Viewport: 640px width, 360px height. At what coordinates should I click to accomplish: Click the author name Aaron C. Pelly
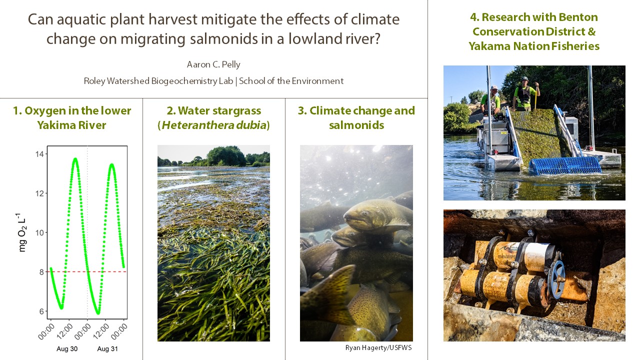213,64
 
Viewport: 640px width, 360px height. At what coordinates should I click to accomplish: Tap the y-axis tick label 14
39,154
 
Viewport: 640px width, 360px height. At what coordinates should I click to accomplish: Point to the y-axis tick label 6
41,311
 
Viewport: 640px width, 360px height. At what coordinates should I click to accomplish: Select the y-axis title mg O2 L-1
21,232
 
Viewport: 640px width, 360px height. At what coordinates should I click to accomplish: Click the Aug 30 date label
67,349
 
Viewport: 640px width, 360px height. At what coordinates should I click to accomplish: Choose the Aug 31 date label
107,349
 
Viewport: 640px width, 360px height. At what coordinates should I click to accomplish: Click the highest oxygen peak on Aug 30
75,158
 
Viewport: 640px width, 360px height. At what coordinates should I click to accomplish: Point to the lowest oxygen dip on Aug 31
98,313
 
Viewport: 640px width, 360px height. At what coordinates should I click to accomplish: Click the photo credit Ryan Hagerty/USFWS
378,347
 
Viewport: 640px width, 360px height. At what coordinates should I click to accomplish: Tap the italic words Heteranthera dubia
214,125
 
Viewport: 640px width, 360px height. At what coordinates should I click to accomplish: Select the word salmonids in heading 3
356,125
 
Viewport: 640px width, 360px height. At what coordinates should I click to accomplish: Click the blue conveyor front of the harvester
565,165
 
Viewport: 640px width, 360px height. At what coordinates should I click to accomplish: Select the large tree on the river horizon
225,156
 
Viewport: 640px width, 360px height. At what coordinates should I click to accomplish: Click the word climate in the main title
375,19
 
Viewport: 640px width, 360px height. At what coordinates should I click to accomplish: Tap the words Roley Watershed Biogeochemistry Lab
158,81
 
